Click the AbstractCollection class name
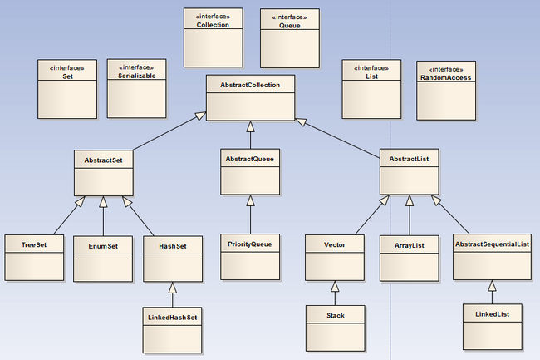coord(250,85)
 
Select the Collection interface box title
coord(213,25)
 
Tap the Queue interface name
coord(290,26)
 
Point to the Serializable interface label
coord(137,76)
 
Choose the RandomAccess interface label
coord(445,78)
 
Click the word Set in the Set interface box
coord(67,76)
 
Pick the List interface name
coord(371,76)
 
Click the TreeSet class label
coord(34,245)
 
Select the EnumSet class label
coord(103,246)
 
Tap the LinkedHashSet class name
coord(172,318)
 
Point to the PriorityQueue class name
coord(250,244)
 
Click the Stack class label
coord(336,316)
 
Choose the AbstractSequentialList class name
coord(492,244)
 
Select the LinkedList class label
coord(492,314)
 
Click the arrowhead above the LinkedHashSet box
coord(173,288)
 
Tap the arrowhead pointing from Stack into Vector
coord(335,287)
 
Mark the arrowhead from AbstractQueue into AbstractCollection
coord(250,126)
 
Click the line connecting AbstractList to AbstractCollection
coord(337,138)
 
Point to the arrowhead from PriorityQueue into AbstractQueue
coord(250,201)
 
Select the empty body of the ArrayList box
coord(409,267)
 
